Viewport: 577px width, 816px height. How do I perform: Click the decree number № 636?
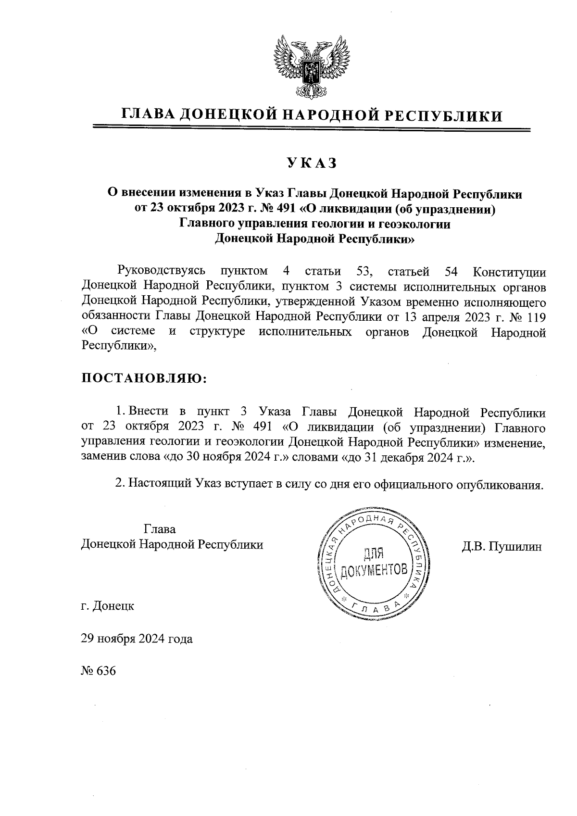(99, 671)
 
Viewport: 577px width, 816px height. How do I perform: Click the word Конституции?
(509, 272)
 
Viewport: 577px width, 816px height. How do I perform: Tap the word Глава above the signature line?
(160, 529)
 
